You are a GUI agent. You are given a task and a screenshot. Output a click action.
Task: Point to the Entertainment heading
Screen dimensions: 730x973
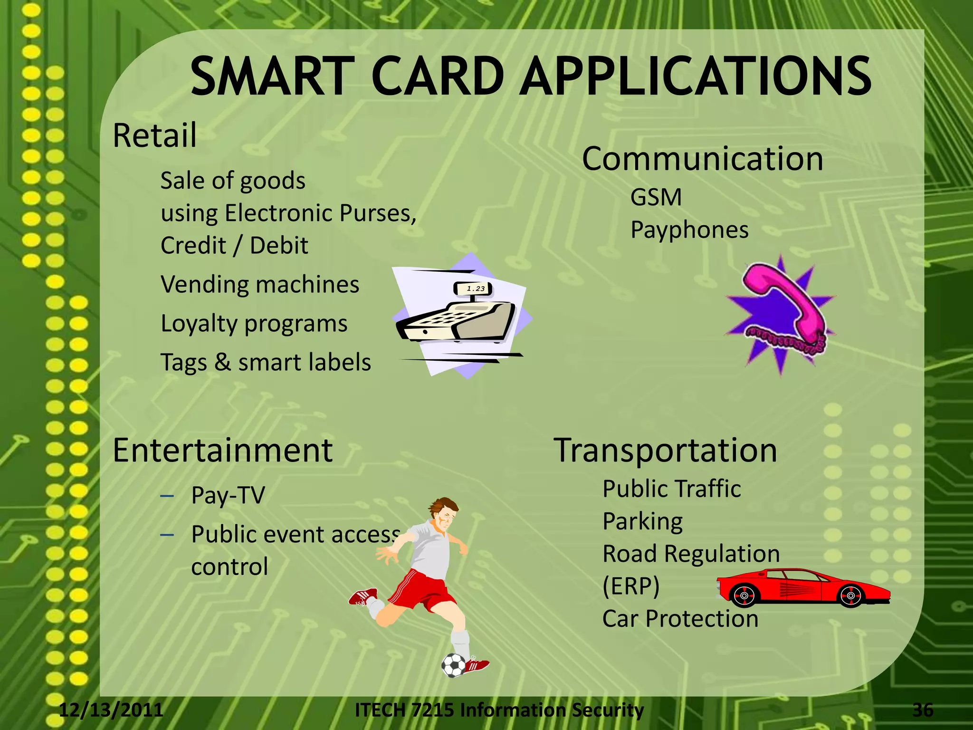[x=222, y=451]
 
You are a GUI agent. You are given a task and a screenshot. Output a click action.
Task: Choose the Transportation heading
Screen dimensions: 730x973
[x=666, y=451]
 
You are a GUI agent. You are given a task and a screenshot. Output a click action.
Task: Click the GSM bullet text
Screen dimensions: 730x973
[x=656, y=197]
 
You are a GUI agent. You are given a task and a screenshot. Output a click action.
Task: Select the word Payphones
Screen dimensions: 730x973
[x=689, y=231]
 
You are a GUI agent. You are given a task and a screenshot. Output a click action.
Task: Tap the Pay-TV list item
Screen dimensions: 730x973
[x=228, y=496]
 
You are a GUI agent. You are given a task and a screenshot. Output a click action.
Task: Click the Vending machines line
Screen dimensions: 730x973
[x=260, y=285]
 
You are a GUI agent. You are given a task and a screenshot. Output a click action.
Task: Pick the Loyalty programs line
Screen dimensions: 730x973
[x=254, y=324]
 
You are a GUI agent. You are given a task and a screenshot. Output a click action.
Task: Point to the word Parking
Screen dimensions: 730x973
[x=642, y=522]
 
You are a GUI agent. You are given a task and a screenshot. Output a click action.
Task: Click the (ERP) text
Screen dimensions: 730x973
[x=631, y=586]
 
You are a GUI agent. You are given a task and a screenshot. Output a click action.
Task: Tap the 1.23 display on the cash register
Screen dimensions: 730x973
[x=476, y=288]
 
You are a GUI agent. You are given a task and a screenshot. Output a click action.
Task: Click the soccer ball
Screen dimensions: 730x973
[x=454, y=665]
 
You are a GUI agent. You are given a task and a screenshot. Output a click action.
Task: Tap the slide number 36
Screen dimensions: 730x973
[x=923, y=710]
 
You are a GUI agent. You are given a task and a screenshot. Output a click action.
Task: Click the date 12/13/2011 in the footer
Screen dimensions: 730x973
[x=111, y=710]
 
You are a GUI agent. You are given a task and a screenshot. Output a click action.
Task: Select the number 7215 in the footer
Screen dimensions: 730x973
[x=433, y=710]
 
